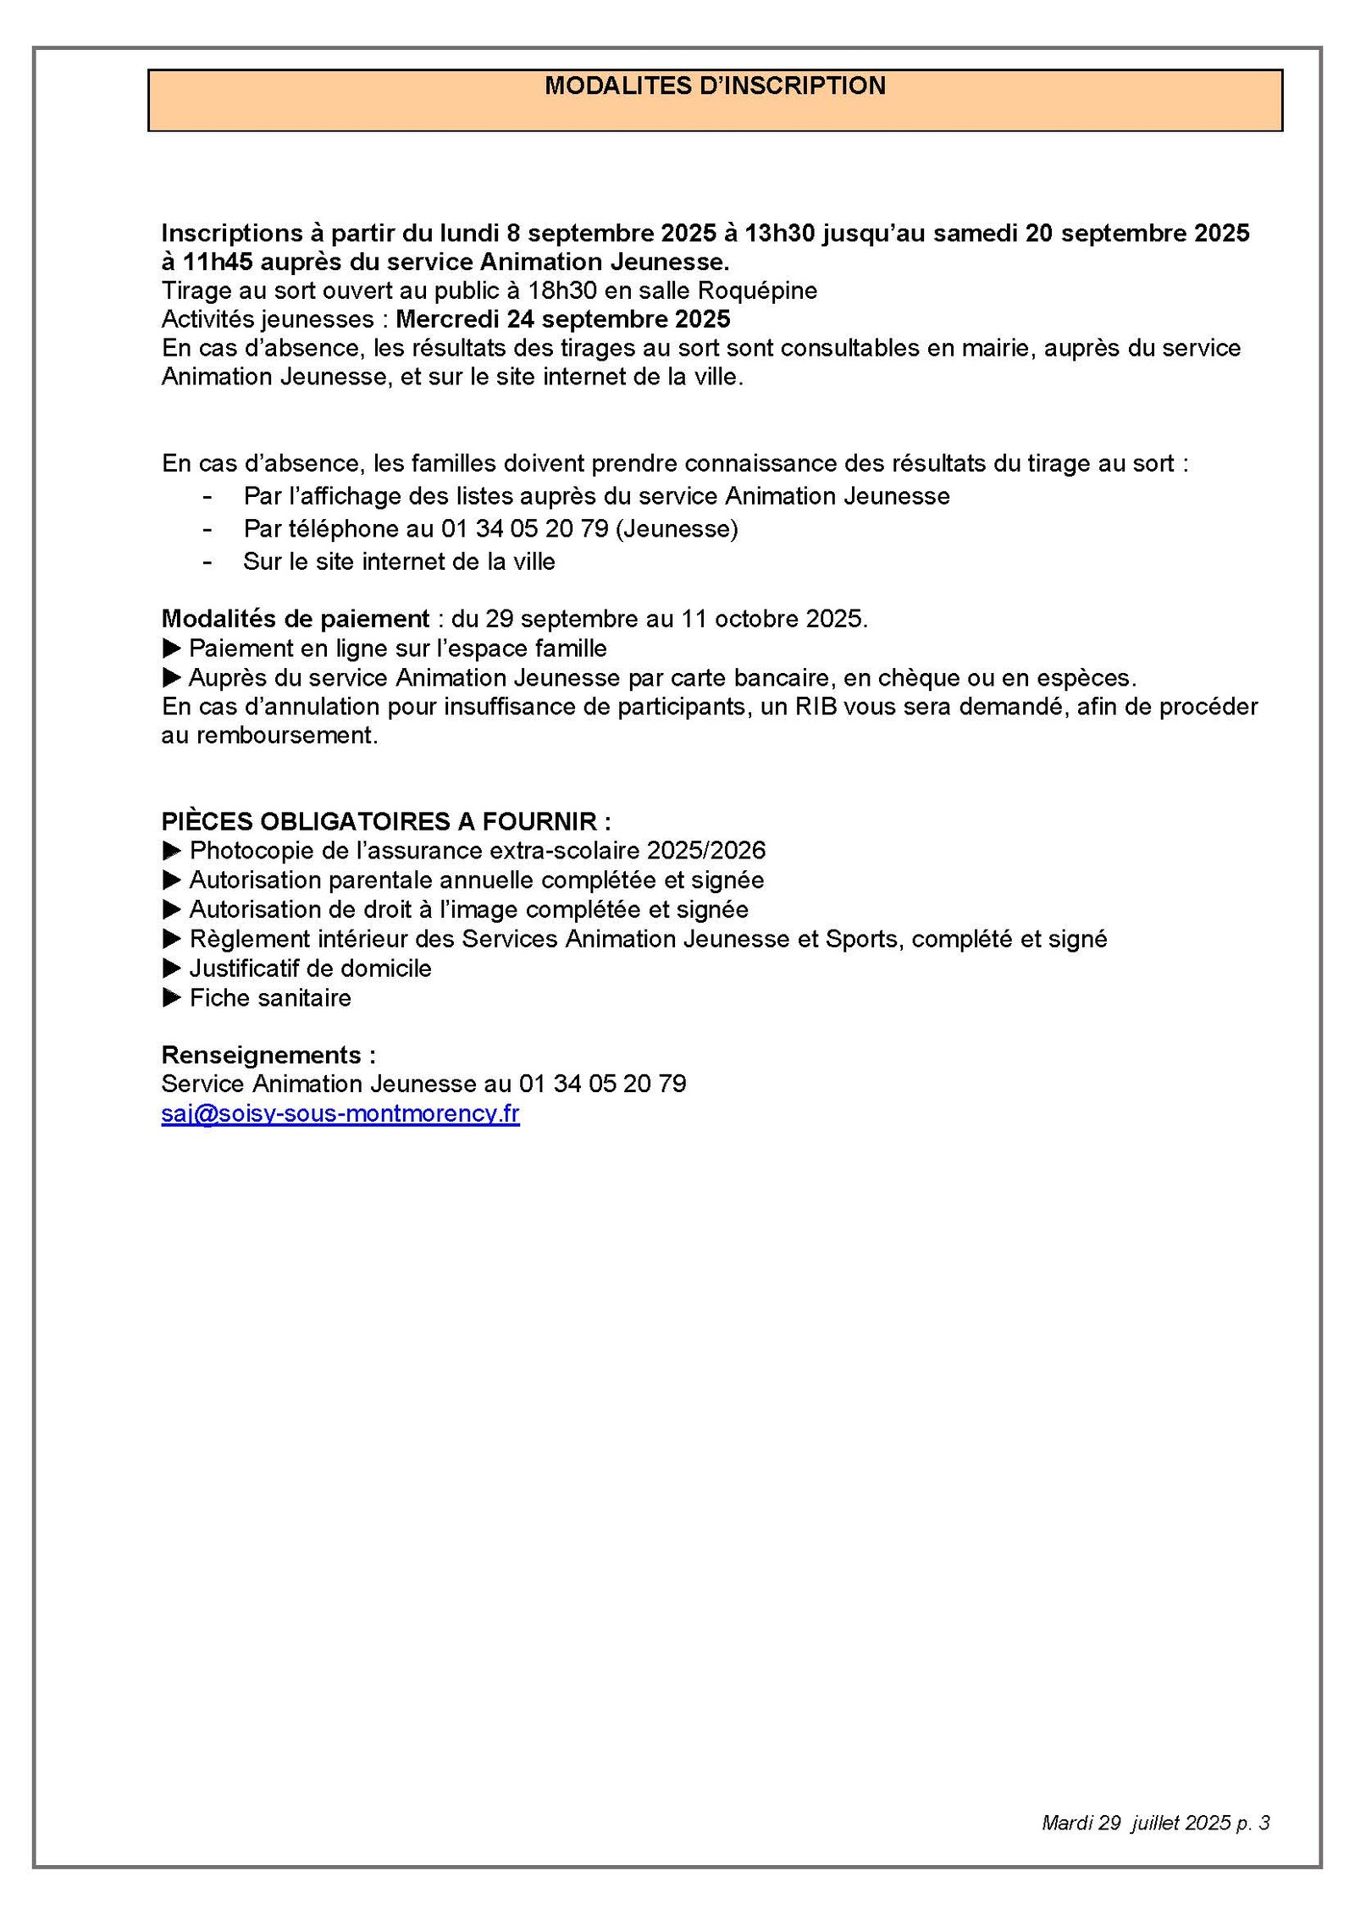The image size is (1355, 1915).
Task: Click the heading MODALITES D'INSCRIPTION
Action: point(715,86)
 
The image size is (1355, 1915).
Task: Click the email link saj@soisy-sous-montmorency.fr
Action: point(340,1112)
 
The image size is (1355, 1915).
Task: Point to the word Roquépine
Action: point(757,290)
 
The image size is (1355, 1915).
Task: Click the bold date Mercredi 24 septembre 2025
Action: point(562,319)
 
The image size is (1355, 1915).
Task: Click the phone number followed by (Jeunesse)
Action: point(524,528)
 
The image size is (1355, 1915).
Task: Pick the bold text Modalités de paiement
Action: point(296,619)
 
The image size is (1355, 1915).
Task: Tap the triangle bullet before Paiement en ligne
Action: point(171,648)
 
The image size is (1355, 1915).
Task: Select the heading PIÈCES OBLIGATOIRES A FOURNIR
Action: point(385,821)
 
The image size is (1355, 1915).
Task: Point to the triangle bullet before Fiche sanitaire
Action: point(171,998)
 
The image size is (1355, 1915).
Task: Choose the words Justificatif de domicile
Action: point(310,969)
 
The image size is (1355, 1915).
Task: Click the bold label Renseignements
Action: point(268,1055)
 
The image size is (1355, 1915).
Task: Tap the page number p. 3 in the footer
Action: point(1253,1823)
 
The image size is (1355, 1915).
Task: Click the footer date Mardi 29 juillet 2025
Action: point(1136,1823)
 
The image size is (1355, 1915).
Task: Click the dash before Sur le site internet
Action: point(207,561)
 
